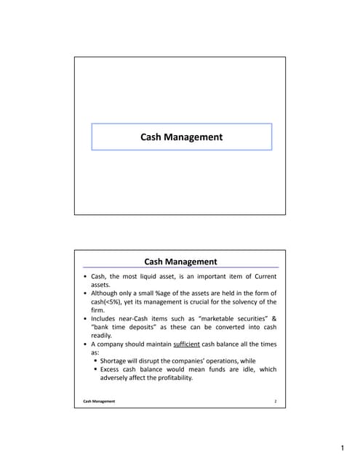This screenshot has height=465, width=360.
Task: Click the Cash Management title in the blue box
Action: tap(181, 136)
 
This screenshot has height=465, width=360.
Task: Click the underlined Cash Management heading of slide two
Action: tap(181, 262)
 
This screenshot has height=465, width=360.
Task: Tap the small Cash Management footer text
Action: tap(98, 401)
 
